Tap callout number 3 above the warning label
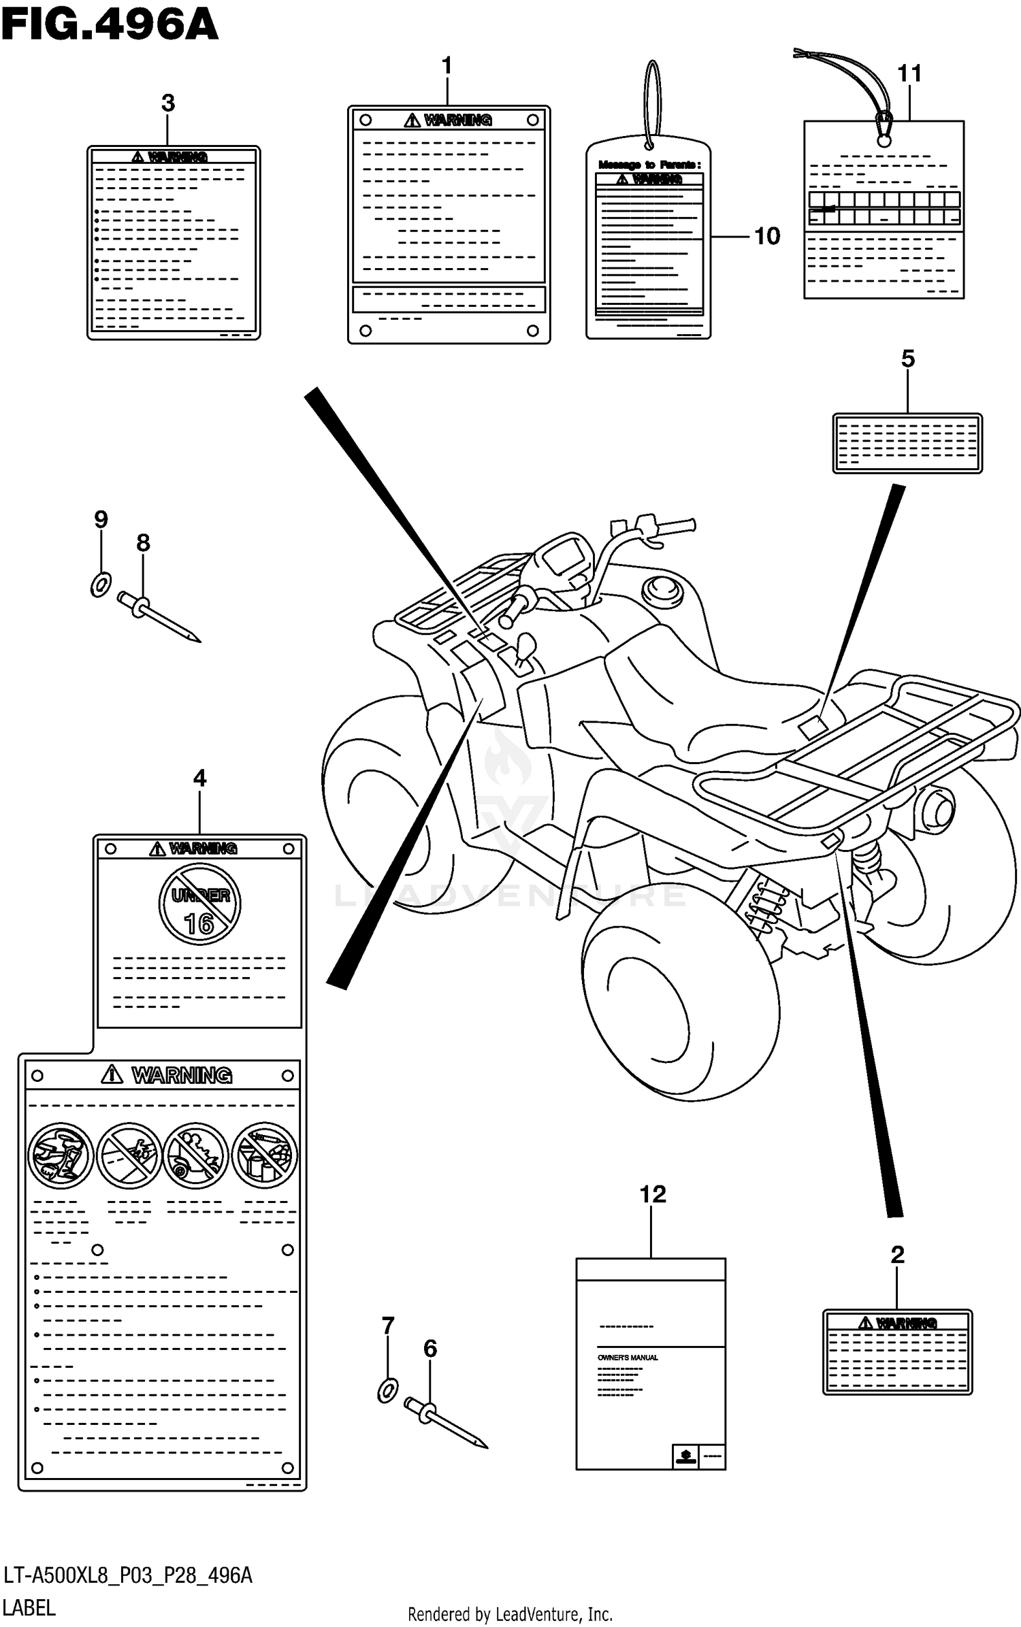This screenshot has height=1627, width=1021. coord(168,103)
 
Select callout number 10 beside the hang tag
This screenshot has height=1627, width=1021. coord(767,236)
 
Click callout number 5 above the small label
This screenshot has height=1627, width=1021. coord(908,359)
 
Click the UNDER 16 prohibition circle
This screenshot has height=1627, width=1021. coord(199,904)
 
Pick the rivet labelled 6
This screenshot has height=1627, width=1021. coord(447,1424)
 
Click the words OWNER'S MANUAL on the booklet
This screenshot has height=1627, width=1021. coord(628,1358)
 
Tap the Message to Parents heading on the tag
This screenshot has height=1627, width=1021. coord(649,165)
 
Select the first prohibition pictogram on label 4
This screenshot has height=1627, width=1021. coord(61,1155)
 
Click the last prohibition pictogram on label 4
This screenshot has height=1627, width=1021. coord(265,1155)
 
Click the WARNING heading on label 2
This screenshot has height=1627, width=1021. coord(898,1323)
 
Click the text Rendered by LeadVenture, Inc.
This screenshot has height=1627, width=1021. coord(510,1613)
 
